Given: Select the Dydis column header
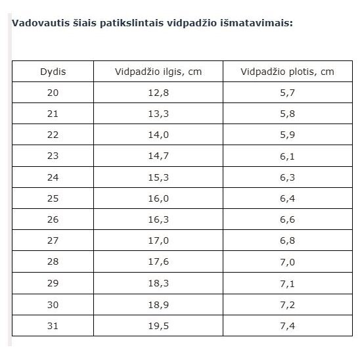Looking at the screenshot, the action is [x=53, y=72].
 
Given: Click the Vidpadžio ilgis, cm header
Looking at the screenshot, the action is [x=158, y=72].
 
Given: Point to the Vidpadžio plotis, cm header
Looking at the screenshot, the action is [x=287, y=72].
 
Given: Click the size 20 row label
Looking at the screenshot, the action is [x=53, y=93].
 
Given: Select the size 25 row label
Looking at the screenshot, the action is [x=53, y=198].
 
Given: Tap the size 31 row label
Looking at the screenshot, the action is [x=53, y=326].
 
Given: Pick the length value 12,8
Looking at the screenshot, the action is [x=158, y=93].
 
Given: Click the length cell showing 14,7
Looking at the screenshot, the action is [x=158, y=156].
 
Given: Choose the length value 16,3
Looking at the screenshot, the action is [x=158, y=219].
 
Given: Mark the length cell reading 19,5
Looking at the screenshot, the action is [x=158, y=326].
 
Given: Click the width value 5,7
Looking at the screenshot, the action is [x=287, y=93].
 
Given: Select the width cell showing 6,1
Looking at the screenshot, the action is [x=287, y=156].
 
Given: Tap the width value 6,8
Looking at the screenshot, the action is [x=287, y=241].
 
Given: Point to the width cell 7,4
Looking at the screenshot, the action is [x=287, y=326].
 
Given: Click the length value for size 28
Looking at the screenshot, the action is [x=158, y=261].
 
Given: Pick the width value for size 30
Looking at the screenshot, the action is [x=287, y=305].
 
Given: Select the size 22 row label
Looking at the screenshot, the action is [x=53, y=135].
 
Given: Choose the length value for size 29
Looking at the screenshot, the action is [x=158, y=284].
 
